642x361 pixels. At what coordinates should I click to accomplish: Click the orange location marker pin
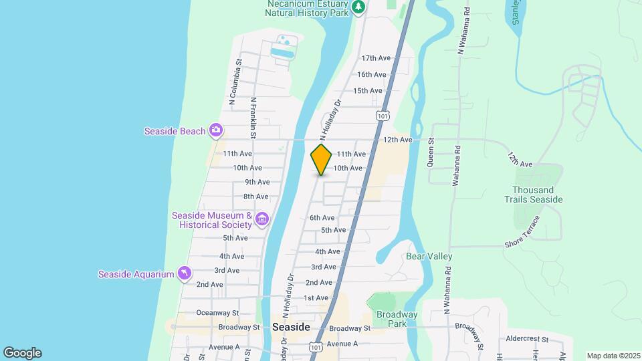pos(321,159)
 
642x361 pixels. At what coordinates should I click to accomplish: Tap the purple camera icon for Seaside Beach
pos(216,130)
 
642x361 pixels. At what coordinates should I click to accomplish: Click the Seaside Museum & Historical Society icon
pos(261,219)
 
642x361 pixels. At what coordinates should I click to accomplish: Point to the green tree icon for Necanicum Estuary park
pos(359,7)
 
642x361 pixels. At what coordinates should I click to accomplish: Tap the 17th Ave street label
pos(375,59)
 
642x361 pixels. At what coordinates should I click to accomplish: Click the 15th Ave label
pos(367,91)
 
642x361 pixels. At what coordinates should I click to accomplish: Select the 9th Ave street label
pos(257,182)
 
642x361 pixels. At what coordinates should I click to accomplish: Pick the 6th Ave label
pos(322,218)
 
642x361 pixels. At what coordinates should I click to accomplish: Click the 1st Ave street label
pos(316,298)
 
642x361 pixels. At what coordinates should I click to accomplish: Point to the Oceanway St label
pos(217,313)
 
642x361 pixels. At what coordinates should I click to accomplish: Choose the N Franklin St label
pos(253,118)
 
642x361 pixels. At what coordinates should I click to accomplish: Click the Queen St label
pos(431,152)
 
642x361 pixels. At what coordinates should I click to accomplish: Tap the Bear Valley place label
pos(429,257)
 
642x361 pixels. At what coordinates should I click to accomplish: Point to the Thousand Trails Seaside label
pos(537,195)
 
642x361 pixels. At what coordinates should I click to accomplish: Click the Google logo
pos(22,353)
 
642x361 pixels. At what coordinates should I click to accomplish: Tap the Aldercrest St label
pos(527,340)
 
